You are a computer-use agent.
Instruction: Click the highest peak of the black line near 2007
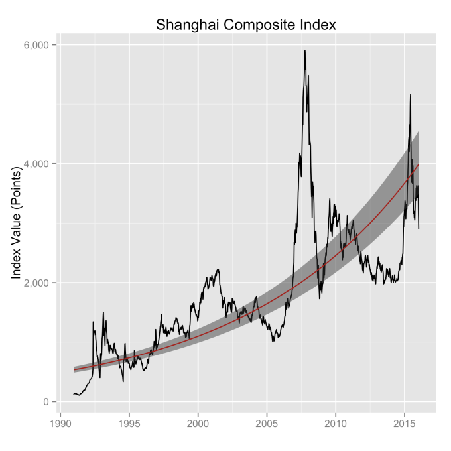click(x=305, y=50)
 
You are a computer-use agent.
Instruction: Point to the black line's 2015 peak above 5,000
click(x=411, y=94)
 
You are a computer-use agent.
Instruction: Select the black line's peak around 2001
click(x=218, y=269)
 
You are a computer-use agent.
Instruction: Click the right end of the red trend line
click(x=419, y=164)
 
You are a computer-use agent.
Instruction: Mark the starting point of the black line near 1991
click(x=74, y=395)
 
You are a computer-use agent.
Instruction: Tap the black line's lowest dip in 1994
click(x=123, y=381)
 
